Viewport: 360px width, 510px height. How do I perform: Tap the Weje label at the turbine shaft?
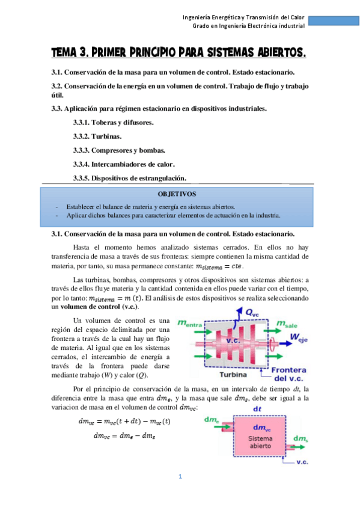click(x=299, y=339)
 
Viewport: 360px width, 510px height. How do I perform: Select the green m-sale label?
click(x=290, y=324)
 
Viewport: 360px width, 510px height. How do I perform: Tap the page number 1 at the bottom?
click(x=180, y=477)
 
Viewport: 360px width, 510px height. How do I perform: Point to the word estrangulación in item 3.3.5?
click(x=160, y=177)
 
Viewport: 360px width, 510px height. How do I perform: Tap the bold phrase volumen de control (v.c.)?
click(x=96, y=306)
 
